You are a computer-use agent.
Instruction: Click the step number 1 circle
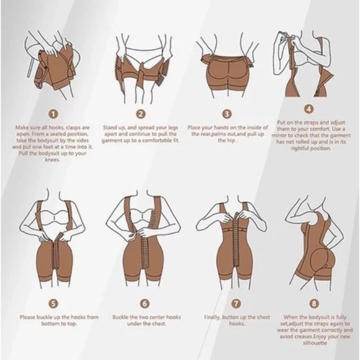[x=53, y=114]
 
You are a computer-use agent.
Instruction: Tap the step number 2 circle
[x=141, y=114]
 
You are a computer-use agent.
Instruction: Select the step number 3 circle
[x=227, y=114]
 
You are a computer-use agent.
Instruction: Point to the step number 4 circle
[x=309, y=109]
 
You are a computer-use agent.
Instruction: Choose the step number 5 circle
[x=53, y=304]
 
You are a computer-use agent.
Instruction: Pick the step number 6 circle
[x=145, y=304]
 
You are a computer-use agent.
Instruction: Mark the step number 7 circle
[x=236, y=304]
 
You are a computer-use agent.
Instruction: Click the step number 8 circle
[x=314, y=304]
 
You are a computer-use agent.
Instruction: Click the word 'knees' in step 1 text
[x=52, y=160]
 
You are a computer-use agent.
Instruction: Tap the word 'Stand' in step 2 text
[x=110, y=127]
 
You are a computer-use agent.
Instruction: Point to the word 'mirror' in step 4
[x=279, y=135]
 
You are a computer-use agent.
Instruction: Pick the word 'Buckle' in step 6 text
[x=120, y=317]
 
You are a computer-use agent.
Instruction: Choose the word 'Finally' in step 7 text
[x=212, y=318]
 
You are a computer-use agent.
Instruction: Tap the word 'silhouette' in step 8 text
[x=315, y=343]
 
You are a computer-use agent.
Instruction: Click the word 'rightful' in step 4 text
[x=300, y=148]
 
